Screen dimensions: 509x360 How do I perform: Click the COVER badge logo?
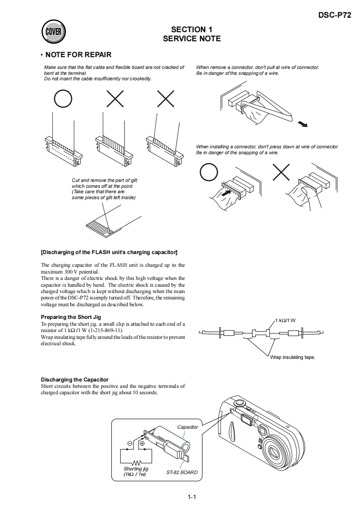click(54, 32)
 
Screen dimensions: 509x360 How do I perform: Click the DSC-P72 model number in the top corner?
click(334, 15)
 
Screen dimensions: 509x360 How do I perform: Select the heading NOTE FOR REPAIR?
click(78, 55)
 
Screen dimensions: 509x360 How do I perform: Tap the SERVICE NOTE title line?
click(192, 39)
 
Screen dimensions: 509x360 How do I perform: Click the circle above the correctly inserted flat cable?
click(63, 98)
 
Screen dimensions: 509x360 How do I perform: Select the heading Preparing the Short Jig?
click(71, 317)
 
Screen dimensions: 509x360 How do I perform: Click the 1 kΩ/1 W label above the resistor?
click(285, 321)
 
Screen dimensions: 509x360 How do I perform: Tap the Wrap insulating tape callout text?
click(292, 357)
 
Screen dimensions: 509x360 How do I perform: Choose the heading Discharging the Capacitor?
click(74, 380)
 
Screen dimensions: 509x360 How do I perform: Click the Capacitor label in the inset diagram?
click(187, 427)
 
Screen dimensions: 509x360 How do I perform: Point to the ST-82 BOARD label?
click(182, 472)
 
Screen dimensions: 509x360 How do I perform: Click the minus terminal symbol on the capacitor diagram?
click(130, 443)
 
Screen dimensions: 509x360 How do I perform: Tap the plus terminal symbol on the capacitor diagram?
click(142, 443)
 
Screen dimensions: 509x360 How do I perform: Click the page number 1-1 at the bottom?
click(191, 497)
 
